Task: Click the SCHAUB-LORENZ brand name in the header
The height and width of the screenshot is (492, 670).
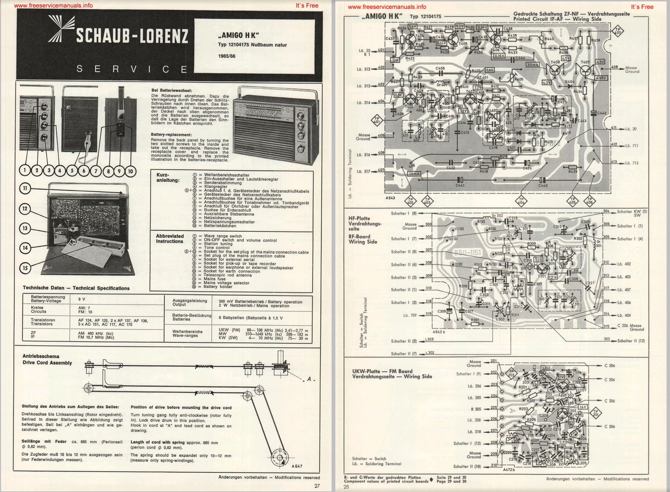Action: coord(132,36)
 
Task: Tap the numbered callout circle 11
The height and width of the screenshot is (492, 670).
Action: coord(25,188)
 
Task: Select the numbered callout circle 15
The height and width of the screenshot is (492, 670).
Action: coord(25,268)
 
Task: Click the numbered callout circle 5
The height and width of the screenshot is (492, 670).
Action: coord(72,170)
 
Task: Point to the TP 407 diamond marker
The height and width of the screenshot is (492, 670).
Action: coord(618,31)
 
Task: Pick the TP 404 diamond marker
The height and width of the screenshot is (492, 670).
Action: coord(521,201)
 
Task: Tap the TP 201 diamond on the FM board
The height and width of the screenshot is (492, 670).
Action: coord(595,413)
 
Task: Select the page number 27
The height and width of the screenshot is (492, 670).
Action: coord(317,485)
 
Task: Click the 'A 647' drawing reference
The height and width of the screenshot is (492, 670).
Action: coord(297,466)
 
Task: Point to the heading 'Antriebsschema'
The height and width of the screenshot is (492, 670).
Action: coord(41,356)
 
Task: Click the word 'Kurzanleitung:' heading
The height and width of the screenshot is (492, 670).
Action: coord(168,177)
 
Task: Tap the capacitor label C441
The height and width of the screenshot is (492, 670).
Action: coord(460,185)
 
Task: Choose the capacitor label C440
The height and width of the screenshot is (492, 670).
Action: coord(543,185)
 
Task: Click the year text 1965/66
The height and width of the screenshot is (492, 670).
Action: coord(226,56)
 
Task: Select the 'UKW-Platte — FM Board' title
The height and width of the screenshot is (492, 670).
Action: coord(382,371)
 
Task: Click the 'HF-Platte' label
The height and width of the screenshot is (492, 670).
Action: coord(359,218)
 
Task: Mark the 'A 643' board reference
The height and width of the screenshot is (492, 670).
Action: coord(390,198)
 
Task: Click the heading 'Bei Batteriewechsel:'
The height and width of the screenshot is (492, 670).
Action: coord(171,90)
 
